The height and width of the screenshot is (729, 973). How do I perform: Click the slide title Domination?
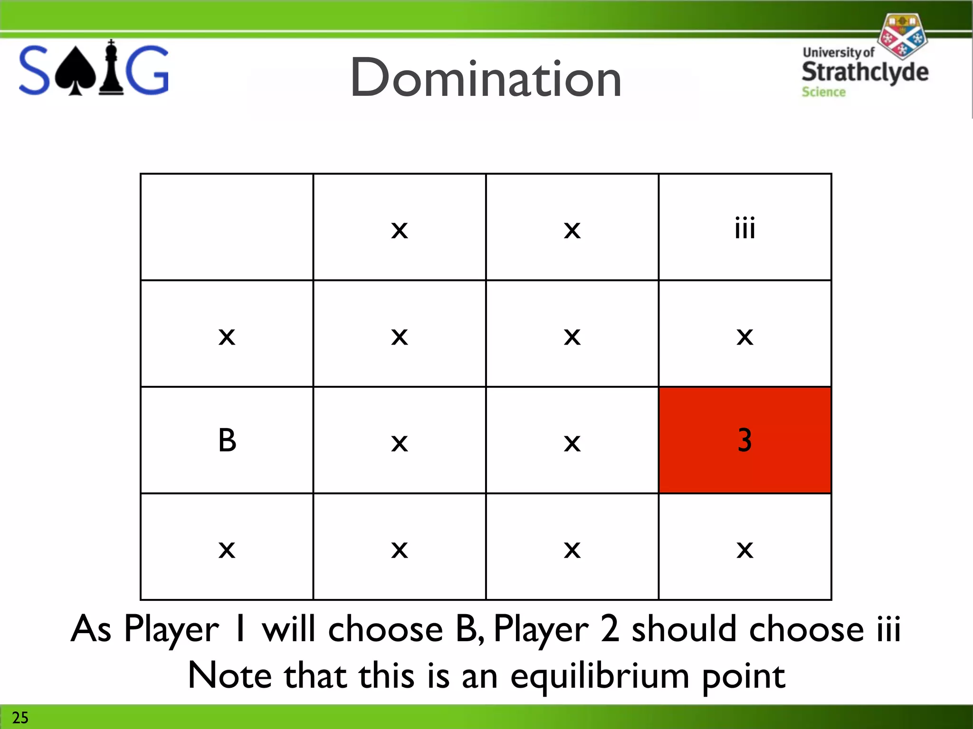(x=486, y=78)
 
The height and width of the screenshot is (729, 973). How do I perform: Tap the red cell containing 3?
(x=744, y=440)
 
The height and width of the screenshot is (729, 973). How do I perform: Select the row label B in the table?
(x=227, y=440)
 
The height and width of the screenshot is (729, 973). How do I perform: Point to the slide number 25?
(x=20, y=717)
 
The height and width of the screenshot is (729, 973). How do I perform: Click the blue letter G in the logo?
(x=148, y=70)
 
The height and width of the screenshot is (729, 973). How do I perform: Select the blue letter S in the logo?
(x=34, y=70)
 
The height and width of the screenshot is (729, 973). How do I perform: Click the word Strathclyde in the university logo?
(x=865, y=72)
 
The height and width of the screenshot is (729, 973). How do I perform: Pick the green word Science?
(x=823, y=92)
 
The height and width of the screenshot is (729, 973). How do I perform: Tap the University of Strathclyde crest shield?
(x=902, y=36)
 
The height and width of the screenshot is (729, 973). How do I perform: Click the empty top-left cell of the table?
(x=227, y=227)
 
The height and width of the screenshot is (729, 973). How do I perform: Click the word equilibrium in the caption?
(x=600, y=676)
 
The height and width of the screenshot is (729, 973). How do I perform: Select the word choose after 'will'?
(x=385, y=629)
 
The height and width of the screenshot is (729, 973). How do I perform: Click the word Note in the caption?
(x=230, y=675)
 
